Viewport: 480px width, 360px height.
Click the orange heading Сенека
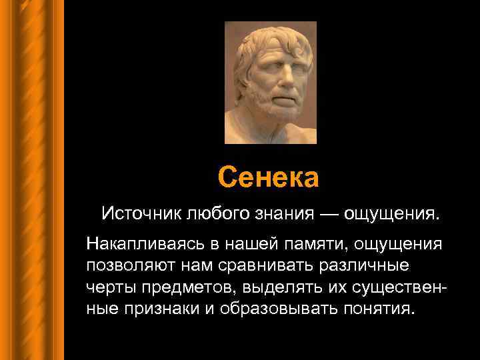pyautogui.click(x=269, y=177)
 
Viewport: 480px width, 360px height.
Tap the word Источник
pyautogui.click(x=141, y=215)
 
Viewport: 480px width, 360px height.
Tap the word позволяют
pyautogui.click(x=127, y=265)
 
